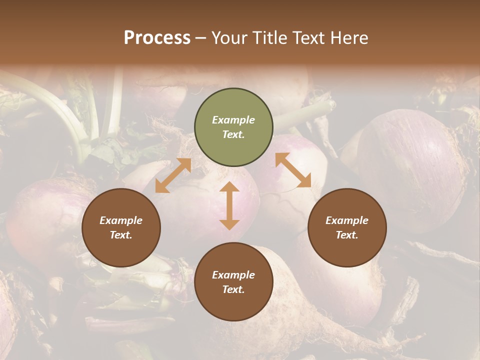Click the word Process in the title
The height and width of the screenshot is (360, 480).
pos(157,38)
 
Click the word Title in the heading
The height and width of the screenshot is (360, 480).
pos(268,38)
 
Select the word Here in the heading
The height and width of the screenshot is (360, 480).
pos(348,38)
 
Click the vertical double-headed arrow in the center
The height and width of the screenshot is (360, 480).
pos(229,206)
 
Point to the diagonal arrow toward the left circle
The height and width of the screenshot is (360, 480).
pos(173,175)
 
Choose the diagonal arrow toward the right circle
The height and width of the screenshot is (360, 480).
pos(293,170)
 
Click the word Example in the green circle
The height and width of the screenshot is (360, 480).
pos(233,120)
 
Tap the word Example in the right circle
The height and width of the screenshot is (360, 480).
pos(347,220)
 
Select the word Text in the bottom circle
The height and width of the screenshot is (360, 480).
pos(232,289)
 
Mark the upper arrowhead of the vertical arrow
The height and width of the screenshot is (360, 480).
pos(229,187)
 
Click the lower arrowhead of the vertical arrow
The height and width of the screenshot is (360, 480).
pos(229,224)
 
